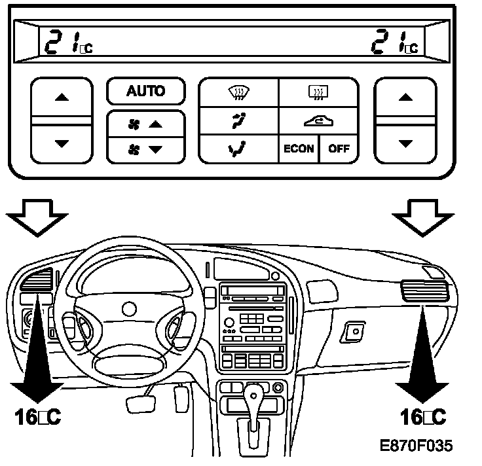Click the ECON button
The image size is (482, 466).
[299, 148]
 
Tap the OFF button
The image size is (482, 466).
[339, 148]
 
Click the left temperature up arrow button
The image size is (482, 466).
[62, 98]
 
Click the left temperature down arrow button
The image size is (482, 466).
[62, 143]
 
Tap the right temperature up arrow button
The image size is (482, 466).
[405, 98]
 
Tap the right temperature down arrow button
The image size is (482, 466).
[405, 143]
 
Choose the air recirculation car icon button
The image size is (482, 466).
[319, 120]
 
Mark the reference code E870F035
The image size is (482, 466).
[416, 446]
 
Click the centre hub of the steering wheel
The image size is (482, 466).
[128, 308]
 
